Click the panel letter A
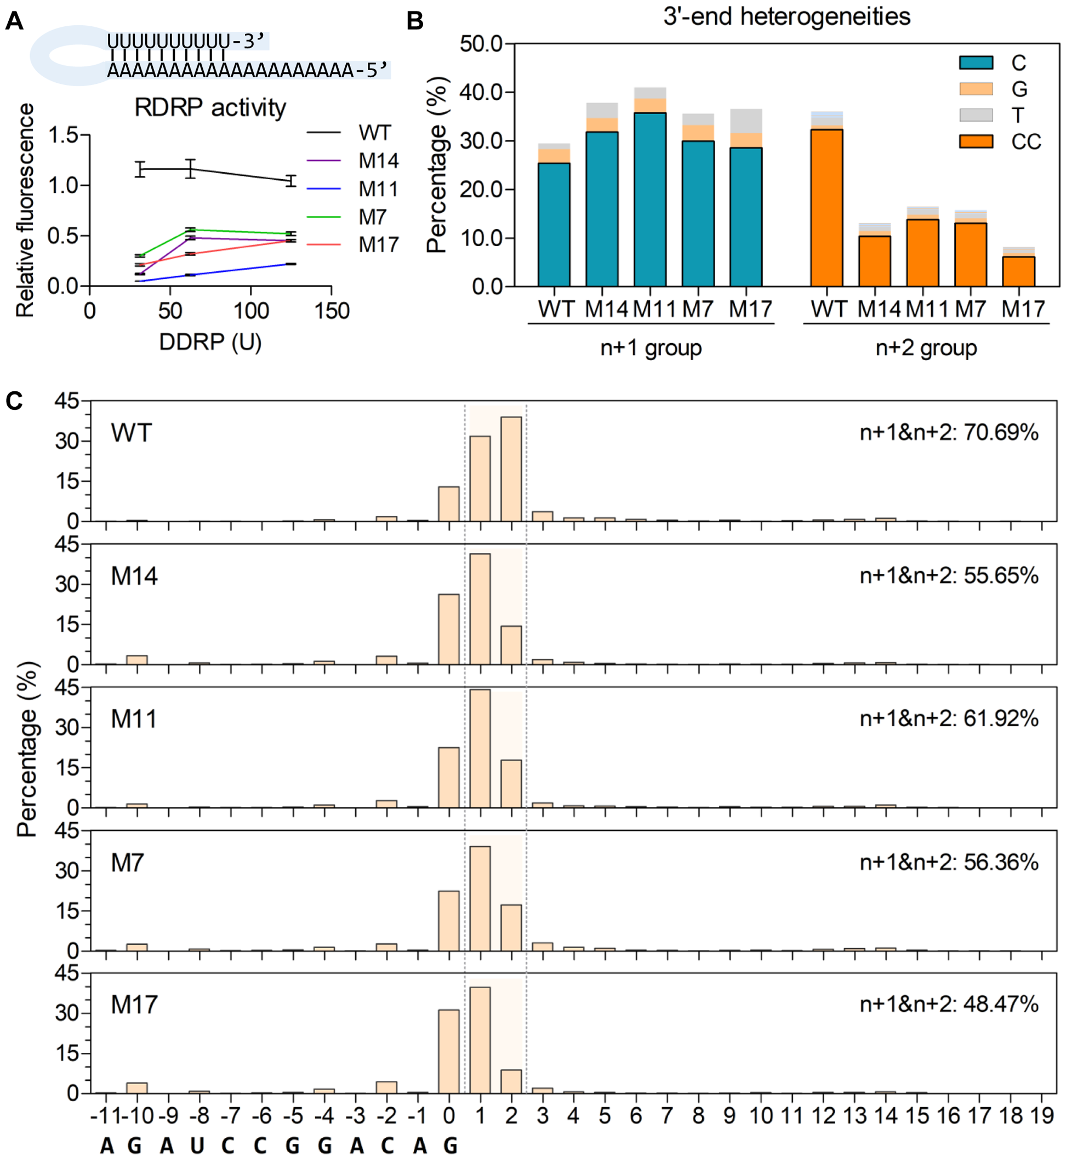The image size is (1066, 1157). coord(14,21)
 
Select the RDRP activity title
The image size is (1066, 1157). coord(210,108)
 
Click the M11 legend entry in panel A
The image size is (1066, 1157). coord(378,189)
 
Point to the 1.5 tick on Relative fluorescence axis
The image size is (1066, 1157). coord(64,135)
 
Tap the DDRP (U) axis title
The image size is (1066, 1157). coord(210,342)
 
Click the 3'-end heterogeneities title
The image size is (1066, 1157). coord(786,16)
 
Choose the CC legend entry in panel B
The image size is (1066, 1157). coord(1025,142)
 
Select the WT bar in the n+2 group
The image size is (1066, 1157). coord(826,208)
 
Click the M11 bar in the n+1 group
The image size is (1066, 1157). coord(649,199)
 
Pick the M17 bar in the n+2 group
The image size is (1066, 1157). coord(1018,271)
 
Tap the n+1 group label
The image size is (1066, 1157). coord(651,348)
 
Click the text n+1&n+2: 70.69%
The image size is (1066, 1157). coord(948,432)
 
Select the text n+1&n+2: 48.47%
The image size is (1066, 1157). coord(948,1004)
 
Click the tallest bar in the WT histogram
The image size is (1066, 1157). coord(511,469)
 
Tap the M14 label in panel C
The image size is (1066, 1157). coord(134,576)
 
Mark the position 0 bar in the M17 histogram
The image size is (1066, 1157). coord(449,1051)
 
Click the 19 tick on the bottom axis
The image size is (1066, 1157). coord(1042,1116)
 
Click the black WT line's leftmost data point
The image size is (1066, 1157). coord(140,169)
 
